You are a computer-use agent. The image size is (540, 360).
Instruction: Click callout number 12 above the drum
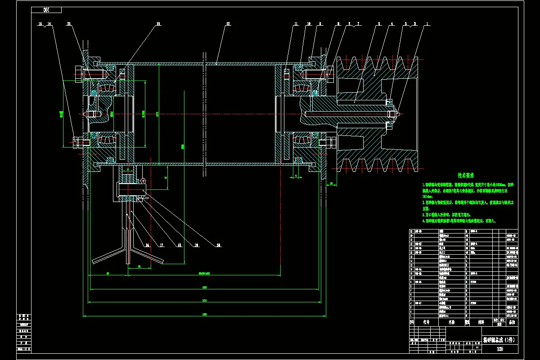click(228, 23)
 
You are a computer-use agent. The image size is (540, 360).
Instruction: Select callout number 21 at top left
click(69, 23)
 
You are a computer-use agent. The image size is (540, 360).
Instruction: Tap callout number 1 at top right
click(427, 23)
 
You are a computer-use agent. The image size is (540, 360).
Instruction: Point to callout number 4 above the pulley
click(392, 23)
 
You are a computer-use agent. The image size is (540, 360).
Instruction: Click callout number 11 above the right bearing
click(296, 23)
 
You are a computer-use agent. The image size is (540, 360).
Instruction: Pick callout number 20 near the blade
click(219, 245)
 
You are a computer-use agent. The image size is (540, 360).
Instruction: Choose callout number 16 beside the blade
click(147, 245)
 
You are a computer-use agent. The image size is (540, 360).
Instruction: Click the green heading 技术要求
click(466, 175)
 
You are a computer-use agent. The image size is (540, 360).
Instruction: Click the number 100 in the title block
click(499, 349)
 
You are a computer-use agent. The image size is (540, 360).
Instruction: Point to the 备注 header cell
click(512, 322)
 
